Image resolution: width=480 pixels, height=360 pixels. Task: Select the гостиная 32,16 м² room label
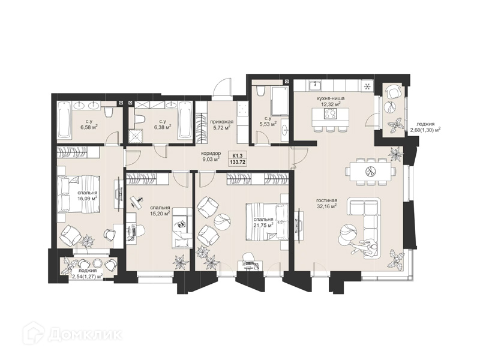326,203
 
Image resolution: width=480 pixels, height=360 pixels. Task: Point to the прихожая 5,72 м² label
220,124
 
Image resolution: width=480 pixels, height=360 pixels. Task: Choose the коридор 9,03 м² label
211,156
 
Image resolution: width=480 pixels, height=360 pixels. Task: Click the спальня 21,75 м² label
263,223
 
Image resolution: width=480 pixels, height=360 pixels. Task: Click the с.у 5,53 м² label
268,121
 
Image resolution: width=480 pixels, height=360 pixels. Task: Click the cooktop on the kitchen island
331,115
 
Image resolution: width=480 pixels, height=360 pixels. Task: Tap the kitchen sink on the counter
314,85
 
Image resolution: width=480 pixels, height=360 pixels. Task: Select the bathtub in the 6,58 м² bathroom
64,119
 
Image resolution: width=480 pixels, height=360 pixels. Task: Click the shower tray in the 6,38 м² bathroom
136,136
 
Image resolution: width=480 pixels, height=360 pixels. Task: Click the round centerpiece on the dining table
371,171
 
